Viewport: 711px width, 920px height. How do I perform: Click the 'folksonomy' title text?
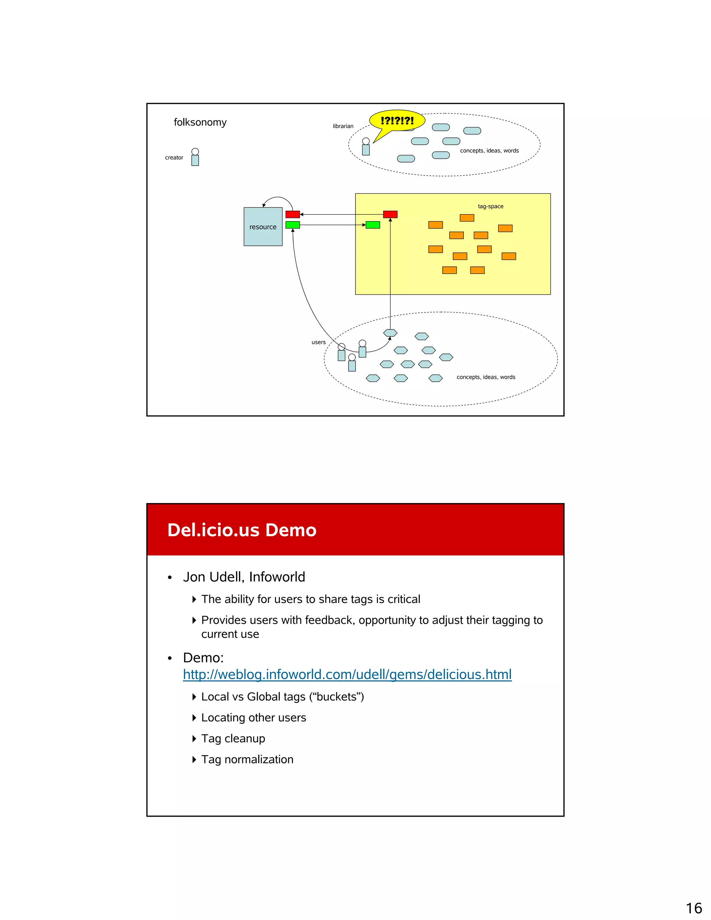pyautogui.click(x=200, y=122)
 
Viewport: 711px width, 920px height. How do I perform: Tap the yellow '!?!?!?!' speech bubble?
pyautogui.click(x=397, y=120)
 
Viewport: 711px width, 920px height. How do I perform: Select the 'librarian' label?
pyautogui.click(x=343, y=126)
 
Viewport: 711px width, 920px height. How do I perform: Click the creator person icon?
pyautogui.click(x=195, y=157)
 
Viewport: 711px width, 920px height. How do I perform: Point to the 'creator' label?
pyautogui.click(x=174, y=158)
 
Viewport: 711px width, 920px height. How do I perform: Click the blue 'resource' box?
pyautogui.click(x=263, y=227)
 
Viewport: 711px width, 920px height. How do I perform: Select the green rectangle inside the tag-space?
pyautogui.click(x=373, y=225)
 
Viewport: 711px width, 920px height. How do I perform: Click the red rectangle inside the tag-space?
pyautogui.click(x=390, y=215)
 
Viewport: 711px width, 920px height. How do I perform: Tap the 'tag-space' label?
pyautogui.click(x=490, y=207)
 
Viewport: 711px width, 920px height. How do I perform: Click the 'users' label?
pyautogui.click(x=318, y=342)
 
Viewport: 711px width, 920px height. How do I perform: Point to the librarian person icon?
pyautogui.click(x=366, y=147)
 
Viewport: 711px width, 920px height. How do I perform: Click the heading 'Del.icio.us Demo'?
pyautogui.click(x=242, y=530)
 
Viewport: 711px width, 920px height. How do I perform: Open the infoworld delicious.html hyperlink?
pyautogui.click(x=347, y=675)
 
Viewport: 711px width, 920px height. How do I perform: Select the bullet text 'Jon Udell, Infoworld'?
pyautogui.click(x=244, y=577)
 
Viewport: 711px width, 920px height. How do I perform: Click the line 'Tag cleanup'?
pyautogui.click(x=233, y=738)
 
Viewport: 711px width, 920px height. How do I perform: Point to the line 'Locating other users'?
pyautogui.click(x=253, y=717)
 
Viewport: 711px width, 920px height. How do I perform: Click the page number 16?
pyautogui.click(x=694, y=908)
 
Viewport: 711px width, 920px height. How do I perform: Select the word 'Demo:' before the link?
pyautogui.click(x=203, y=658)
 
